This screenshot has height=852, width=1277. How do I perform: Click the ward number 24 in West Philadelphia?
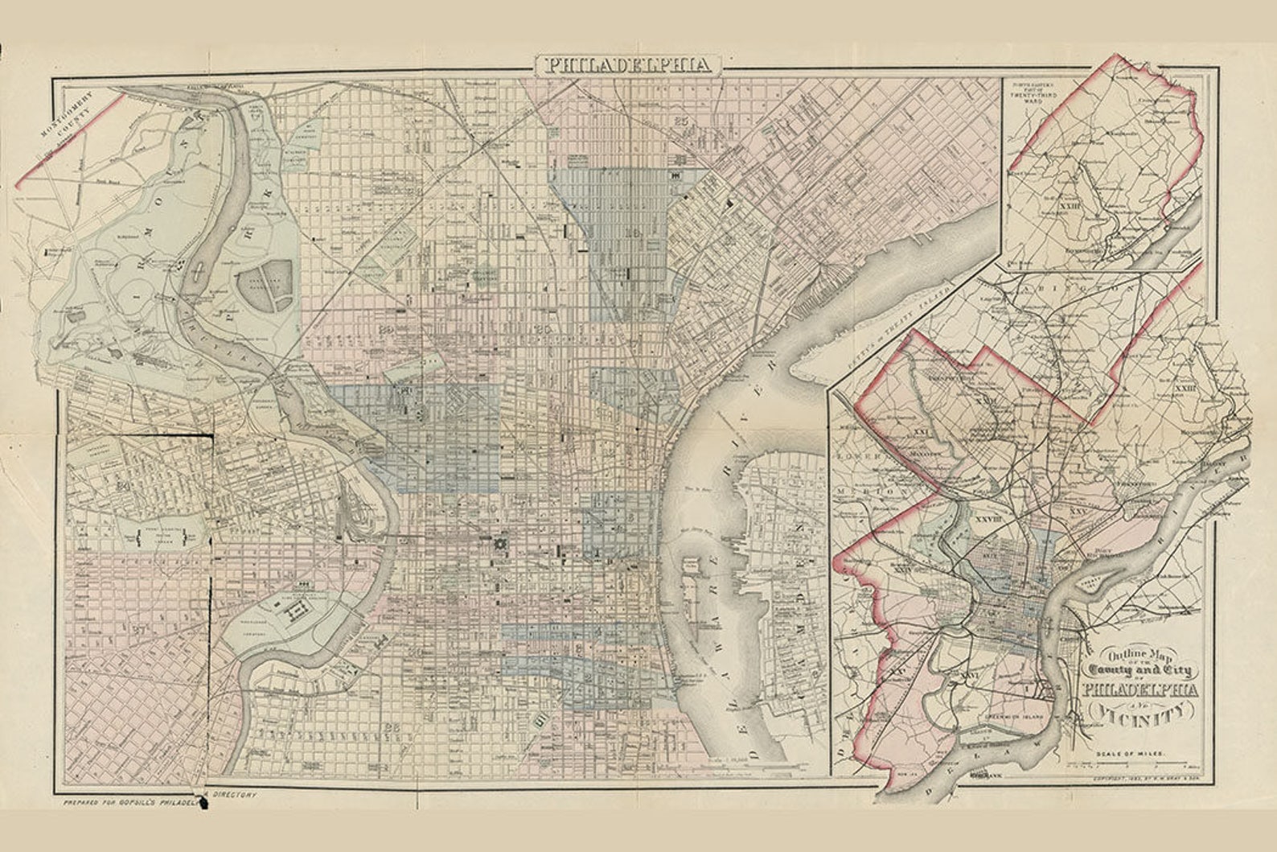123,485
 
